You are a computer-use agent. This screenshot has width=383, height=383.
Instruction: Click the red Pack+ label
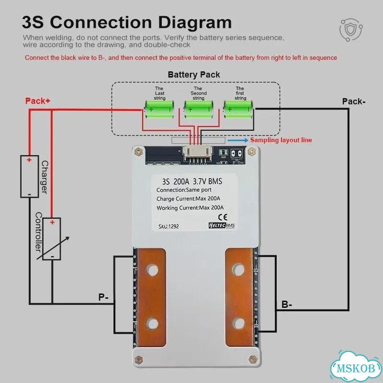pos(38,101)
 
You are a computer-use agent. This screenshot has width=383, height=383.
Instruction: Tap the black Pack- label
pos(354,101)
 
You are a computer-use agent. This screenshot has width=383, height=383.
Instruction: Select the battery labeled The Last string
pos(159,110)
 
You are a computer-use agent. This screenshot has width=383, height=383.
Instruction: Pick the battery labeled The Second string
pos(198,110)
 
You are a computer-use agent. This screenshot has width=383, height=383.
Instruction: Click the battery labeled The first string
pos(238,110)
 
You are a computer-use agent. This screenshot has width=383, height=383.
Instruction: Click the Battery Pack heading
pos(194,75)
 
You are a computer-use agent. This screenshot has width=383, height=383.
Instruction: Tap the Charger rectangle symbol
pos(29,176)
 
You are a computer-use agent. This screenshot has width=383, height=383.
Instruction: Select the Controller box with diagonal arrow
pos(52,239)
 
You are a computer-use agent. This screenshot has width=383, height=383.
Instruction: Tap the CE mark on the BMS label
pos(223,217)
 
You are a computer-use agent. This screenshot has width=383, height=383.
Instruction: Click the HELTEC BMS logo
pos(222,225)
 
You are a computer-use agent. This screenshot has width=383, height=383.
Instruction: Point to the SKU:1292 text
pos(169,226)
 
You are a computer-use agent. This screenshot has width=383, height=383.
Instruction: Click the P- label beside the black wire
pos(103,297)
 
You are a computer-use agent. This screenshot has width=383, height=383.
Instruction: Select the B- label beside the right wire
pos(287,304)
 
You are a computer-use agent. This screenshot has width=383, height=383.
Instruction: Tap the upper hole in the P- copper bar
pos(152,270)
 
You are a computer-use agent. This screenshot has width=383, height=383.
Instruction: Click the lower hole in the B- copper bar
pos(238,324)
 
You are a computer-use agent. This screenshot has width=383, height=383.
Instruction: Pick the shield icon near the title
pos(351,30)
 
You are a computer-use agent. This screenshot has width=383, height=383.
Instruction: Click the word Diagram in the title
pos(195,23)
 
